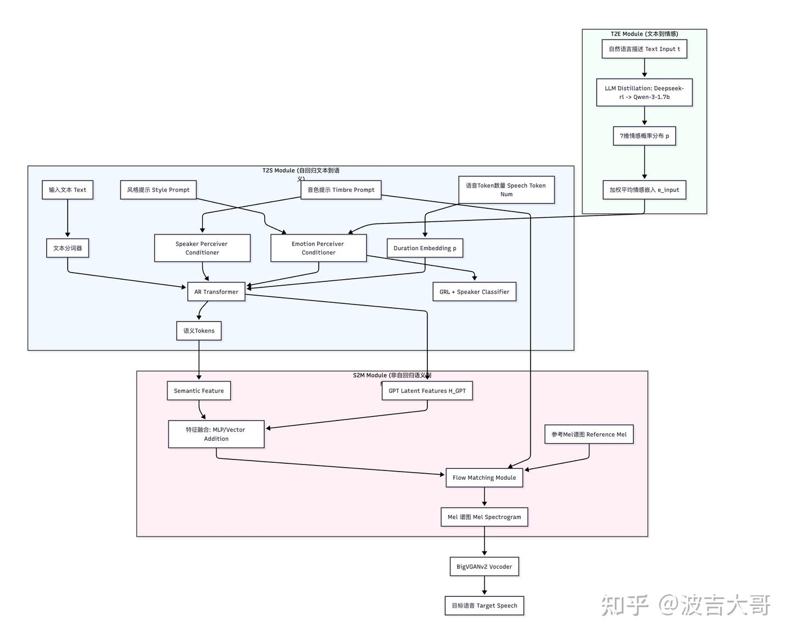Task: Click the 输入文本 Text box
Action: tap(68, 190)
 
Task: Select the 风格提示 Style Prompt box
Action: tap(158, 190)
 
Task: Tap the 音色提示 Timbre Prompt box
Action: tap(341, 190)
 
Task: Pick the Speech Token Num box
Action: tap(506, 190)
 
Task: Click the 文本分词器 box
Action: tap(68, 248)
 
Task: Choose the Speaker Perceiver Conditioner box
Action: tap(202, 248)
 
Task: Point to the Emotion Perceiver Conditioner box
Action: tap(318, 248)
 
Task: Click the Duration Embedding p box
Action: tap(425, 248)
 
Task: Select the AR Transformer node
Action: tap(216, 292)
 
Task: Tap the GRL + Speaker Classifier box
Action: tap(474, 292)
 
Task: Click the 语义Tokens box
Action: tap(199, 331)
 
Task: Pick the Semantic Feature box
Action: tap(199, 391)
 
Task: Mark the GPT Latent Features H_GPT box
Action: tap(427, 391)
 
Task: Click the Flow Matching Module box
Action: tap(484, 478)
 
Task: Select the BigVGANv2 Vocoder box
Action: tap(484, 567)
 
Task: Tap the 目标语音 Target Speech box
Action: tap(484, 606)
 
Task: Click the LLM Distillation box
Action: tap(644, 92)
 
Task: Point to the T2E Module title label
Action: tap(644, 34)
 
